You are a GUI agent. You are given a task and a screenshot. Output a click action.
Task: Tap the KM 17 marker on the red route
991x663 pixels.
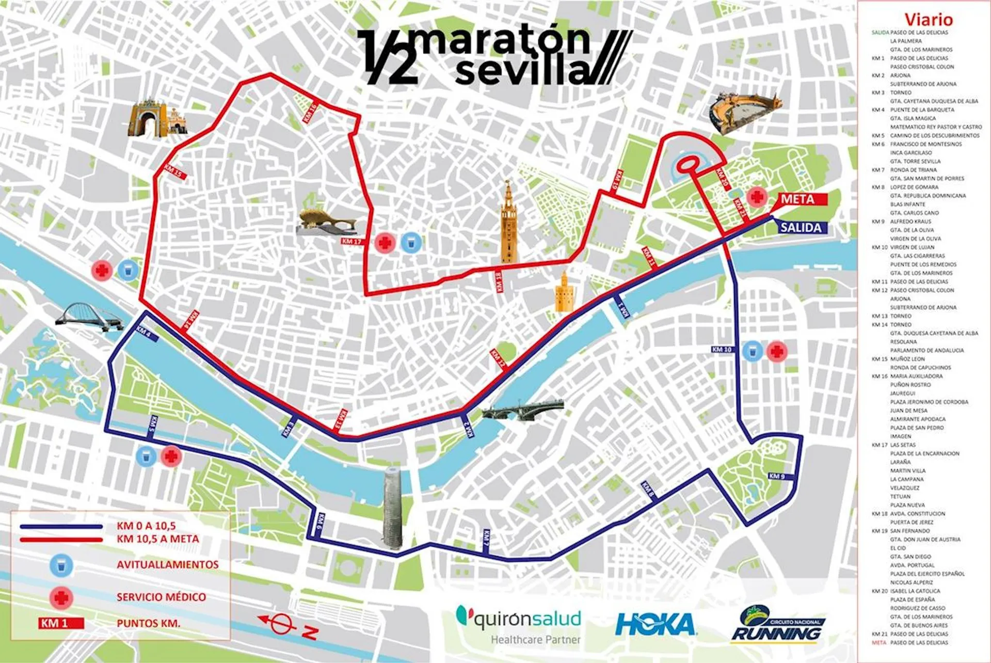coord(351,241)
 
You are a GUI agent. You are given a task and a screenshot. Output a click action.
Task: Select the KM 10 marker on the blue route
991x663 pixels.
coord(722,350)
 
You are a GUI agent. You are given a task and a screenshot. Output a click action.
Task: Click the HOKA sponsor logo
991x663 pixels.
coord(655,625)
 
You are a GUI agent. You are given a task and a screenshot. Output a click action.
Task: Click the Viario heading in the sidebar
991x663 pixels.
coord(928,20)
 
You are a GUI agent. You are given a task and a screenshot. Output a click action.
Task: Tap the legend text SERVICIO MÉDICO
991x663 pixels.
coord(161,597)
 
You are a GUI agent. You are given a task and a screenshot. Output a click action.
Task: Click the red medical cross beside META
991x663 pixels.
coord(757,197)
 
